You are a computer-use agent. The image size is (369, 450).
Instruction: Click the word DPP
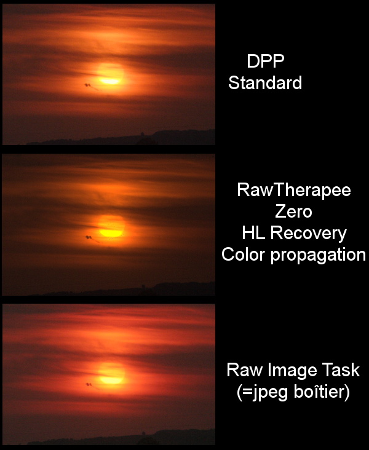[265, 61]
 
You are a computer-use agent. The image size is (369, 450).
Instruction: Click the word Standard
[265, 82]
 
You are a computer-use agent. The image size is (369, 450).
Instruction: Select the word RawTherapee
[294, 190]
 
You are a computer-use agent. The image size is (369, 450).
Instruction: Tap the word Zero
[293, 211]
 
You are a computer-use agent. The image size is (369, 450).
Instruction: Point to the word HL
[253, 233]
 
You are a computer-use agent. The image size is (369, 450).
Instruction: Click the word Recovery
[308, 234]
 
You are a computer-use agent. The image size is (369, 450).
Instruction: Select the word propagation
[318, 255]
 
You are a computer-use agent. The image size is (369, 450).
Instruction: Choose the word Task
[341, 369]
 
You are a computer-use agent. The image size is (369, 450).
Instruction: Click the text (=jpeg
[262, 392]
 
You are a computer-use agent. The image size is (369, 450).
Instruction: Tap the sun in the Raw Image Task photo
[111, 374]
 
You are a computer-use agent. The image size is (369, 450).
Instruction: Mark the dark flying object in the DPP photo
[87, 85]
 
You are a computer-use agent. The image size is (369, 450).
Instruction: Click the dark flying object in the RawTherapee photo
[89, 237]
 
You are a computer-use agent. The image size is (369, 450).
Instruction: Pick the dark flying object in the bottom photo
[89, 384]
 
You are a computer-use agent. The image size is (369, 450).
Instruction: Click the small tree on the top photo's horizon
[142, 133]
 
